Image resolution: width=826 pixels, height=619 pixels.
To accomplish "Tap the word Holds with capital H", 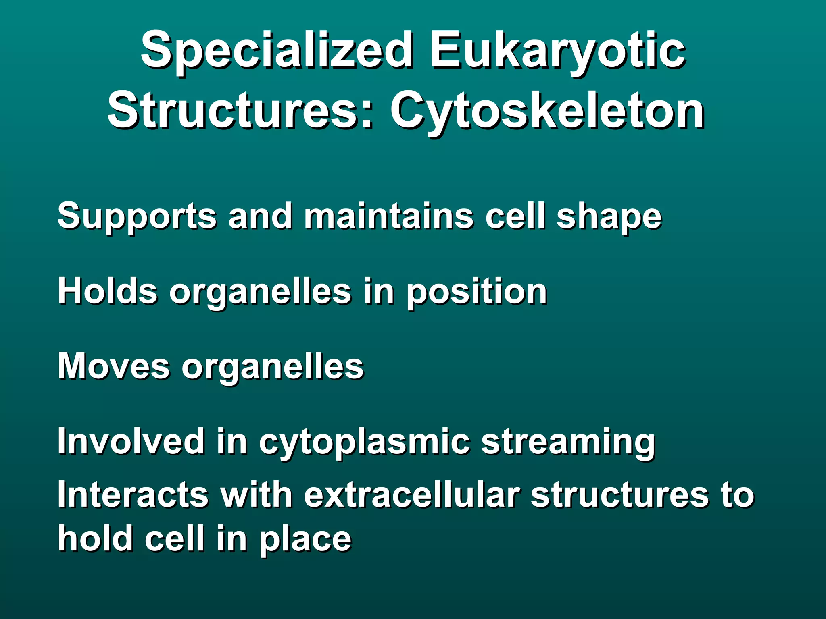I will pyautogui.click(x=107, y=291).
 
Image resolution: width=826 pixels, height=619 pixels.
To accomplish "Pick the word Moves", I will pyautogui.click(x=114, y=366).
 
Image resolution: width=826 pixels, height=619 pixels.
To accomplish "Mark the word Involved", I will pyautogui.click(x=131, y=441).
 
